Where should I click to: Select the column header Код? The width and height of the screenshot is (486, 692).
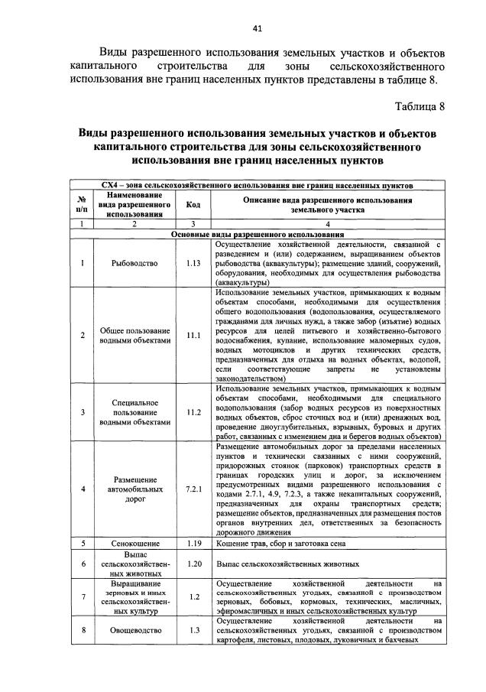click(193, 204)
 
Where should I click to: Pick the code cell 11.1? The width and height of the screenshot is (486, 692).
click(193, 335)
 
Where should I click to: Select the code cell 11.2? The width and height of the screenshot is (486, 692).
click(193, 412)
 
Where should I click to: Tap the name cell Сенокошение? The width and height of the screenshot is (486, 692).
click(134, 543)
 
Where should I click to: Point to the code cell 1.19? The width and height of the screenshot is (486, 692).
click(193, 543)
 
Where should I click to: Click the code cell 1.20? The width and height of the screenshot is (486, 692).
click(193, 563)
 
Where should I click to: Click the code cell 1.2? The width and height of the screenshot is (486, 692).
click(193, 596)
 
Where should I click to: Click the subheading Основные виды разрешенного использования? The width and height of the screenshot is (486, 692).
click(257, 233)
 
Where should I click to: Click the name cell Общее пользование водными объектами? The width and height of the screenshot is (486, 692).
click(134, 335)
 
